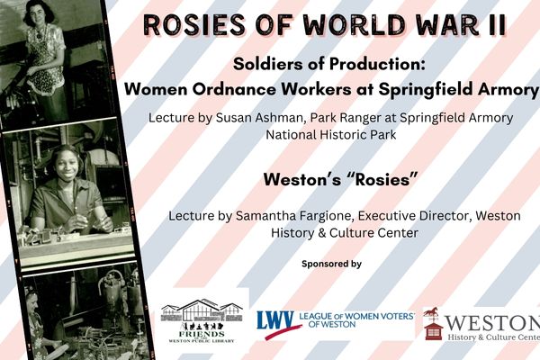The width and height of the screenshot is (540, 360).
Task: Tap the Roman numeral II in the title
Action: (496, 25)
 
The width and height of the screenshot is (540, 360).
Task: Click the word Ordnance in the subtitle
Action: (234, 90)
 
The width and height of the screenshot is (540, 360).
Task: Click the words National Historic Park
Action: (331, 134)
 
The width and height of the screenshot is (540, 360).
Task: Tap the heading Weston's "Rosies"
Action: (340, 179)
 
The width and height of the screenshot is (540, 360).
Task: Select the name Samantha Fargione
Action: (295, 216)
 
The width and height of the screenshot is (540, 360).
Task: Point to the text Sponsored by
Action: (331, 264)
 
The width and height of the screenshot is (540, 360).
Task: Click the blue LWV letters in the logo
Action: (275, 320)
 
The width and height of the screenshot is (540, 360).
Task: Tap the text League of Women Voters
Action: (357, 316)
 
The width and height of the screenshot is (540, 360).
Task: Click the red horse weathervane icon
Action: (431, 313)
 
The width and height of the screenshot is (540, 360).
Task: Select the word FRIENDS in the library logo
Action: (202, 334)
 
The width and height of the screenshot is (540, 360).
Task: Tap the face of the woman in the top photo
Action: (40, 15)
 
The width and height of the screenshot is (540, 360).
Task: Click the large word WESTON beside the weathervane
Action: (493, 323)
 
